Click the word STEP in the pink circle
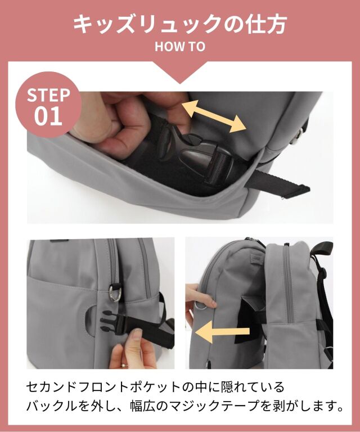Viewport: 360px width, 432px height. [49, 94]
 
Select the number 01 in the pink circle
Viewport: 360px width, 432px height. [49, 116]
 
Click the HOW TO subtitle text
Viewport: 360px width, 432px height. [180, 47]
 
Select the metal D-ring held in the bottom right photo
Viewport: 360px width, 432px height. [203, 305]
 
